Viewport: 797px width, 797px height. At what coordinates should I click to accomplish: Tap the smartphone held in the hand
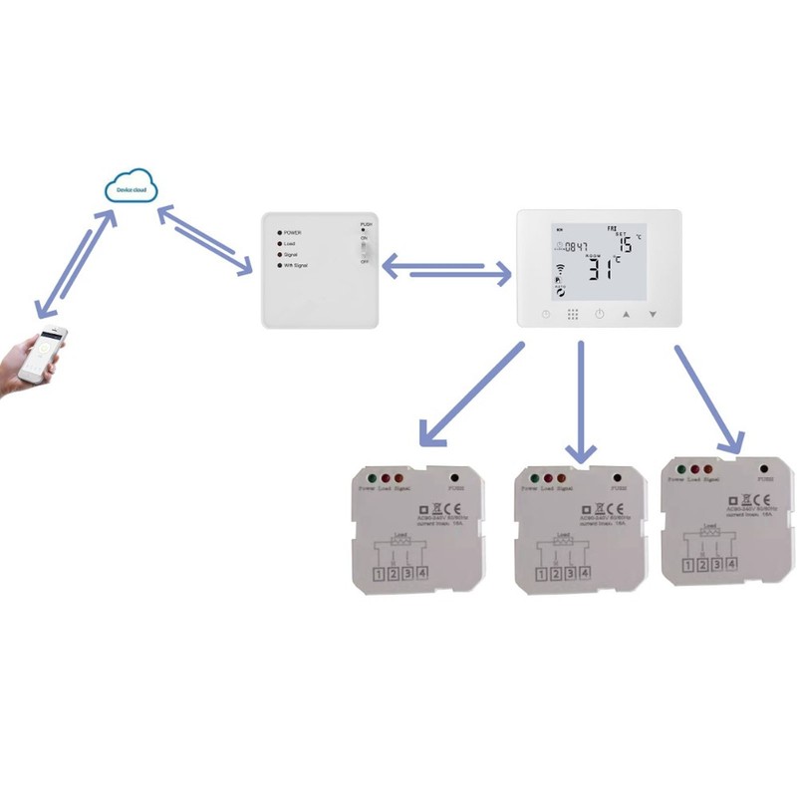coord(49,353)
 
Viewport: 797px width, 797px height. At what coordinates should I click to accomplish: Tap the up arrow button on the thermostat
coord(627,315)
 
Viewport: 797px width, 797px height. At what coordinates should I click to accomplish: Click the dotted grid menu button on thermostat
coord(573,315)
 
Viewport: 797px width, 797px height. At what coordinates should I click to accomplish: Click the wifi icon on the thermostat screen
coord(559,269)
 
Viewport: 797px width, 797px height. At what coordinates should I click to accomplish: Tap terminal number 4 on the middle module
coord(584,573)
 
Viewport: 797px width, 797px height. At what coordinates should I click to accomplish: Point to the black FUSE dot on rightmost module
coord(763,468)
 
